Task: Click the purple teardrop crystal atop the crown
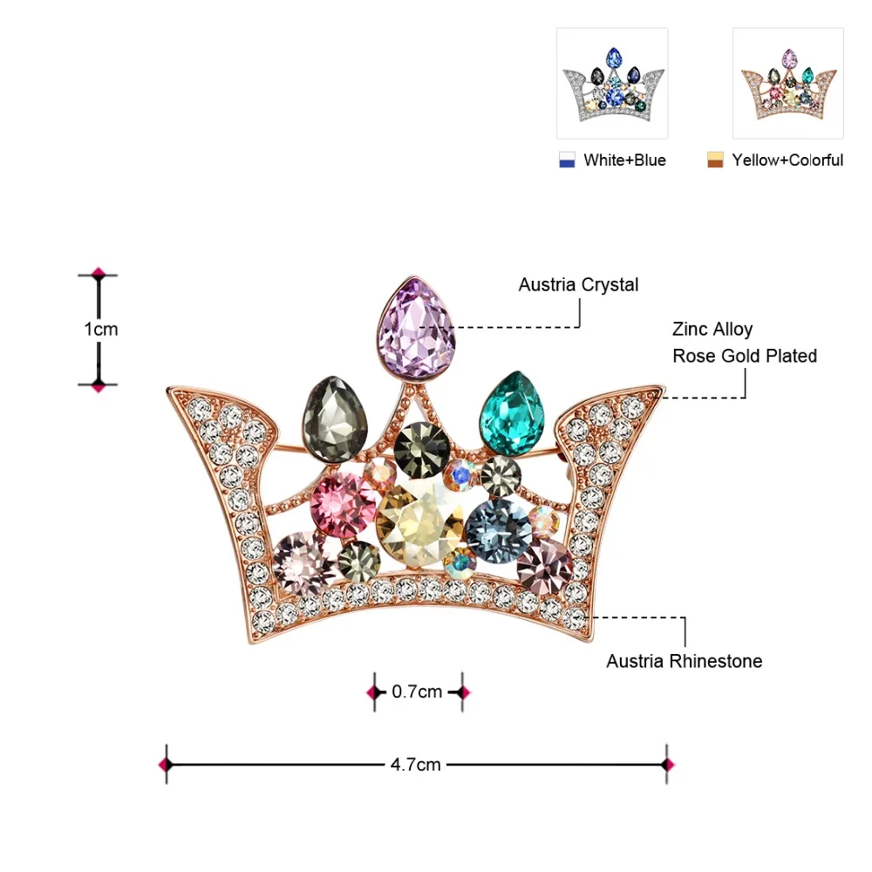[x=416, y=329]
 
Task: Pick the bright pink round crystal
[x=343, y=505]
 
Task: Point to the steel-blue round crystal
[x=499, y=530]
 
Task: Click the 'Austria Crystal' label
[x=578, y=285]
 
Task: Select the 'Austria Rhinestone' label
[x=684, y=661]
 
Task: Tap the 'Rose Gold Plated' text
[x=745, y=356]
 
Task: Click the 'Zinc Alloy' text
[x=712, y=330]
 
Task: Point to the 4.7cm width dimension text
[x=415, y=766]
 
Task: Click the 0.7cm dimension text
[x=417, y=691]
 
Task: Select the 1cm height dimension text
[x=100, y=330]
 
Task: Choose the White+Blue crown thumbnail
[x=612, y=84]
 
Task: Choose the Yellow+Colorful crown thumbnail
[x=788, y=84]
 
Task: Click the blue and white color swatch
[x=567, y=160]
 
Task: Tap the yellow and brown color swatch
[x=715, y=160]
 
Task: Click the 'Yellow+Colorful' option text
[x=787, y=160]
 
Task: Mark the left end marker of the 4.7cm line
[x=167, y=765]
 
